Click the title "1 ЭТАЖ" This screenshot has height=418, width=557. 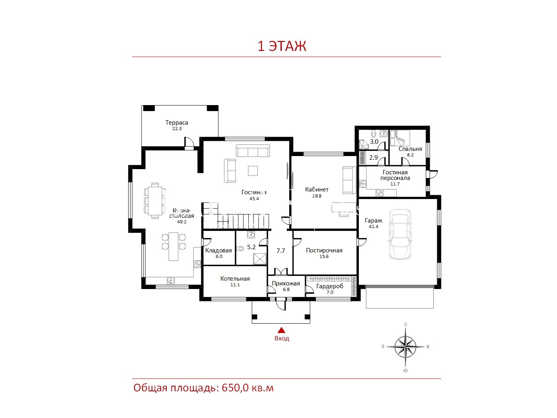[282, 46]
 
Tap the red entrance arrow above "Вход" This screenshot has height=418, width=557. [281, 330]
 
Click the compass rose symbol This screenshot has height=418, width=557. [405, 347]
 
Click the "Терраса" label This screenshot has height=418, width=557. [177, 123]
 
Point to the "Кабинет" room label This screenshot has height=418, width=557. [317, 189]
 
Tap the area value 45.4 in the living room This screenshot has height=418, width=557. [254, 199]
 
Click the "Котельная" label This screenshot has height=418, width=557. [235, 279]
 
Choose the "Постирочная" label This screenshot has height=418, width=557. [324, 250]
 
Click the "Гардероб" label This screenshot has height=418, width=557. [330, 286]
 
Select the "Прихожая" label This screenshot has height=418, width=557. [286, 283]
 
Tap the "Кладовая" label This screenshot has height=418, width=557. [218, 250]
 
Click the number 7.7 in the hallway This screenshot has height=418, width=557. [280, 251]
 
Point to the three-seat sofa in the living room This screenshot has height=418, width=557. [253, 151]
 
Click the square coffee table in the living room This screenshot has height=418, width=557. [253, 170]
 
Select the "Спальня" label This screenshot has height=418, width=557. [410, 149]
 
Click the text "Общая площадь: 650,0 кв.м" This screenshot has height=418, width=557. [204, 388]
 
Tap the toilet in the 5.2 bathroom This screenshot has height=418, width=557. [240, 248]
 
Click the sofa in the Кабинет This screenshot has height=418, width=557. [349, 180]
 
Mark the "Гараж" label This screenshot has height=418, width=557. [373, 221]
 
